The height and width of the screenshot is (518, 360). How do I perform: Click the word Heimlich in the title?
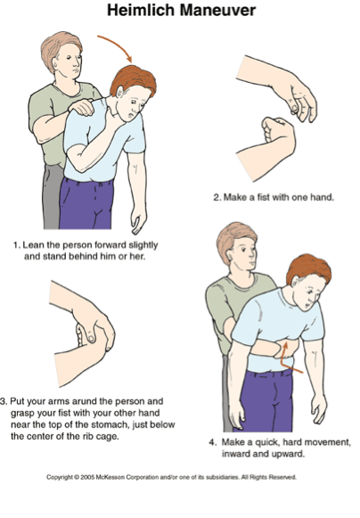coord(141,10)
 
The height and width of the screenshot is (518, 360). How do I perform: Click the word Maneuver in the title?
coord(218,10)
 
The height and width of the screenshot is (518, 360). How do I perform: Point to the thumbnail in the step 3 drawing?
coord(92,338)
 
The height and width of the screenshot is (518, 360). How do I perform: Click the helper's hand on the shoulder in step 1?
coord(81,107)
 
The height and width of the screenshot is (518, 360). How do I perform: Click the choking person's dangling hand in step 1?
coord(139,222)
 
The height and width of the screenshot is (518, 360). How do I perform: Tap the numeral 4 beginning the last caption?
coord(212,442)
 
